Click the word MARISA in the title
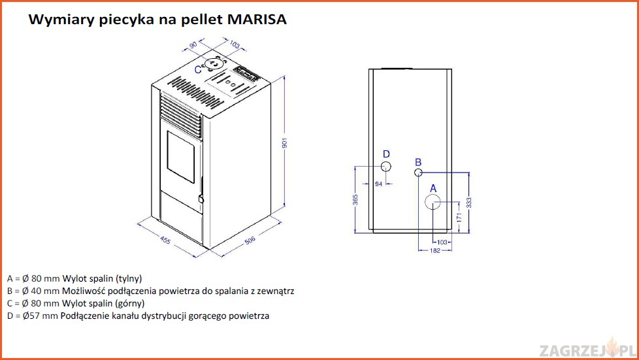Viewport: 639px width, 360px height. click(257, 19)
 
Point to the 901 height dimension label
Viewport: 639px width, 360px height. click(284, 142)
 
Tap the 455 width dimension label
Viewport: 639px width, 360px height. click(165, 240)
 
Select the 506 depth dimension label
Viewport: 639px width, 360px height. click(250, 240)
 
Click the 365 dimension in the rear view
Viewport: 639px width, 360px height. click(355, 200)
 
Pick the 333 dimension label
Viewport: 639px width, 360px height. click(469, 203)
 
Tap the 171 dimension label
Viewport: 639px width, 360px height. click(459, 218)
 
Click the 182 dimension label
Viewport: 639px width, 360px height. click(435, 251)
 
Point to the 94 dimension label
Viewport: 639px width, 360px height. click(378, 184)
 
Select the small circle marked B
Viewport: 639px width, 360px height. click(418, 172)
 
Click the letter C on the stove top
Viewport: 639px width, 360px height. click(198, 70)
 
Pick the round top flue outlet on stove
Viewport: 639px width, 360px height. click(214, 63)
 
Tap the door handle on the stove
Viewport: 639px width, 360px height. click(201, 199)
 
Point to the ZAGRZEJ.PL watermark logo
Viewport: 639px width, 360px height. click(587, 349)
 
